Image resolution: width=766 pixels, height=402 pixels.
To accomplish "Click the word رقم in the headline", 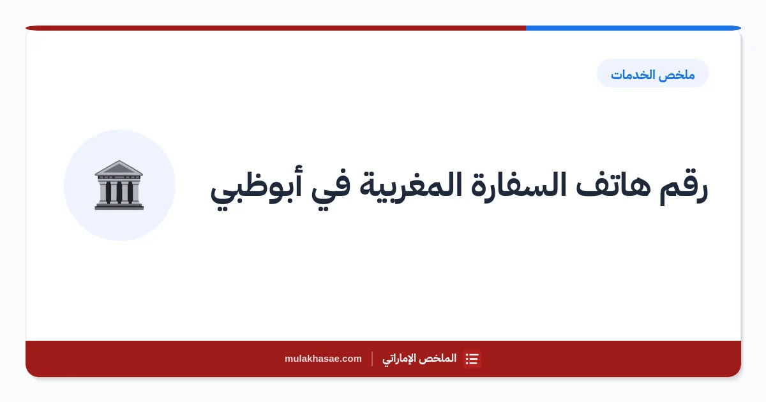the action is tap(683, 188).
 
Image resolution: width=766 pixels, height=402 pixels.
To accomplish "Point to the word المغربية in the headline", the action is tap(410, 188).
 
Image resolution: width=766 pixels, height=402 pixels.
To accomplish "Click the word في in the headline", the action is tap(331, 189).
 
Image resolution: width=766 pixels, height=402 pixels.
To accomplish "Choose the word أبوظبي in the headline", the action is tap(256, 188).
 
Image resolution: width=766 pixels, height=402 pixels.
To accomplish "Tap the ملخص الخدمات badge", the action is tap(653, 73).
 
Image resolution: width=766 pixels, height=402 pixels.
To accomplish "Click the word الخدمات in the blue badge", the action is tap(633, 75).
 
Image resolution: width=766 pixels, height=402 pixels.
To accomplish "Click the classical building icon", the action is tap(119, 185).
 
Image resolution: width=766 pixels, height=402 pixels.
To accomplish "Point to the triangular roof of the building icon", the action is tap(119, 167).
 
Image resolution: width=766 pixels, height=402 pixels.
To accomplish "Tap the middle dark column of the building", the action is tap(119, 192).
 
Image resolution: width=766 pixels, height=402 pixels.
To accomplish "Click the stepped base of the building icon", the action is tap(119, 205).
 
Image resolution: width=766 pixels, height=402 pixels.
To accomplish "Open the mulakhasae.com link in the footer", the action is tap(323, 359).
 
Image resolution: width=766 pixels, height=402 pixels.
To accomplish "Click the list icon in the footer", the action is tap(472, 359).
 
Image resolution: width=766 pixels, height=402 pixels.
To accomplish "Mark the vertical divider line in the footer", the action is tap(372, 359).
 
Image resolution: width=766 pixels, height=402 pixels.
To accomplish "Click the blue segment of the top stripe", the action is tap(633, 28).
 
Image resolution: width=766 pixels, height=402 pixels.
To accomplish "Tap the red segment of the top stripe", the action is tap(276, 28).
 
